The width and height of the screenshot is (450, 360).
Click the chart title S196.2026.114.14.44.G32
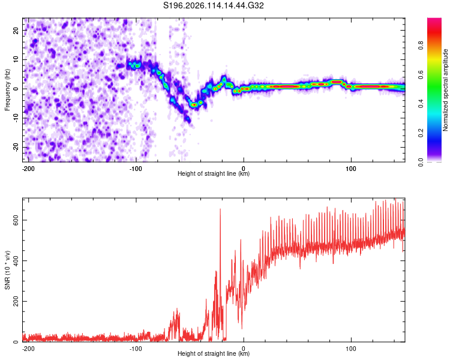[213, 5]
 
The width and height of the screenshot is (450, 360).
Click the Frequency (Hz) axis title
[7, 90]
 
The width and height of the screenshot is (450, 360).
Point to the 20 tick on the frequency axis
[16, 30]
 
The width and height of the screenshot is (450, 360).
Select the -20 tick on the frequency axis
[16, 147]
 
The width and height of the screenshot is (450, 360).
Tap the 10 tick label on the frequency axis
[16, 59]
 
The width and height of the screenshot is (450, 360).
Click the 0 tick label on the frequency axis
[16, 89]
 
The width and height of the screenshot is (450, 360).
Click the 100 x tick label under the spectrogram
[351, 169]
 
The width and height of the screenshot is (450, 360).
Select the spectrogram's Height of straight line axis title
[213, 173]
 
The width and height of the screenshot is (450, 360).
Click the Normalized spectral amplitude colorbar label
[445, 90]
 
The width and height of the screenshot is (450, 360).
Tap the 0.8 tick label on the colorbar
[421, 46]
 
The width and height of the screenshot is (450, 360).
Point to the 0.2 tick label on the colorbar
[421, 133]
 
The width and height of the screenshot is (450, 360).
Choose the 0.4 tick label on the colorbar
[421, 104]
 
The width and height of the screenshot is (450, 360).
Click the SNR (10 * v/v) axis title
[7, 270]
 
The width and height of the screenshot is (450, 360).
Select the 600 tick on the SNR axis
[16, 220]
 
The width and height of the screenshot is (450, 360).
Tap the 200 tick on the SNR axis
[16, 301]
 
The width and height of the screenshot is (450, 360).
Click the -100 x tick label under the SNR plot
[136, 349]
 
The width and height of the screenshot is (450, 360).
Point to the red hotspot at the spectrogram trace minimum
[194, 105]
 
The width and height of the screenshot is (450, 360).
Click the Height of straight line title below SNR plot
[213, 353]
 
